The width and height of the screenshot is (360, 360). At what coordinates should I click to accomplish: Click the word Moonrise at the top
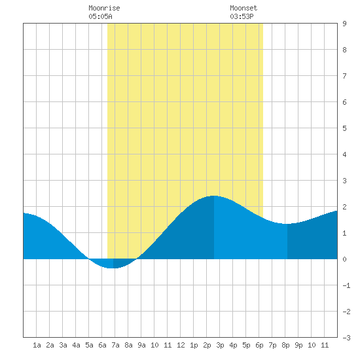coord(104,8)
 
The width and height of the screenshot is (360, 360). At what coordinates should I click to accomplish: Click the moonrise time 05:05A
coord(100,16)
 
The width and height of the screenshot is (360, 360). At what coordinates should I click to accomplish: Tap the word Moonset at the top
coord(243,8)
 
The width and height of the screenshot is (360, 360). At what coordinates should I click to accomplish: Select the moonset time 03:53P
coord(242,16)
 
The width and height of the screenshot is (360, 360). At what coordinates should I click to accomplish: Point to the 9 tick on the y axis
coord(344,24)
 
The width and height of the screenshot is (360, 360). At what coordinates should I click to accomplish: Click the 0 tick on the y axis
coord(344,259)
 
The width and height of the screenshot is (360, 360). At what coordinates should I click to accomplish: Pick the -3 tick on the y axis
coord(346,338)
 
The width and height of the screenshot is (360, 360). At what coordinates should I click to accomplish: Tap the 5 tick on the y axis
coord(344,128)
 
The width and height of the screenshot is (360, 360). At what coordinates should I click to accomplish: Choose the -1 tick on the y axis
coord(346,285)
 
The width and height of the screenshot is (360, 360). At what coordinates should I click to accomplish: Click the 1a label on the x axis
coord(37,345)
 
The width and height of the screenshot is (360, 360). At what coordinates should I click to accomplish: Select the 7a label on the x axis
coord(115,345)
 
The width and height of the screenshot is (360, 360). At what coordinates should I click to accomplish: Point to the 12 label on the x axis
coord(181,345)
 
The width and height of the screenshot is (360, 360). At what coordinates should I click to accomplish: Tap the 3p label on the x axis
coord(220,345)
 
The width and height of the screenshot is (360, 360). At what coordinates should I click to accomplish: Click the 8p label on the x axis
coord(285,345)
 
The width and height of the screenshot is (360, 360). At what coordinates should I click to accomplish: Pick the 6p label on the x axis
coord(259,345)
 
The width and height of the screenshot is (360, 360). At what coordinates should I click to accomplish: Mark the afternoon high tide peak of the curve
coord(214,196)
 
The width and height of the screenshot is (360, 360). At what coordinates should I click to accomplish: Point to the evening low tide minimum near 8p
coord(287,224)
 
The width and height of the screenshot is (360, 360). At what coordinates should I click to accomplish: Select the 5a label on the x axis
coord(89,345)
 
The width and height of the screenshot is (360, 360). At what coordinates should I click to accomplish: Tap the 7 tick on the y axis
coord(344,76)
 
